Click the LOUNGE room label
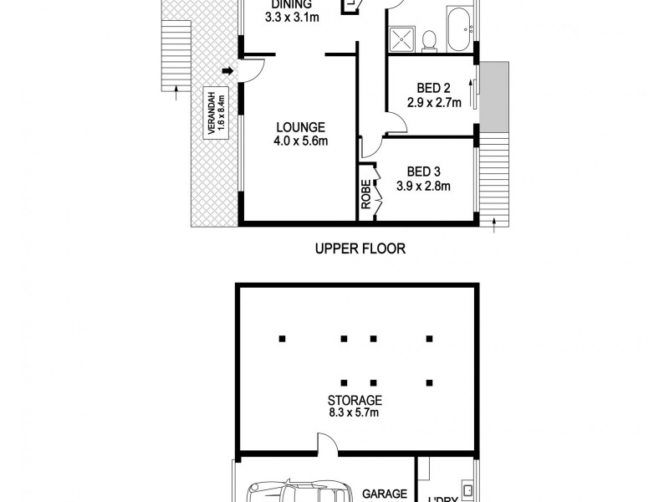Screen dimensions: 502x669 pyautogui.click(x=299, y=127)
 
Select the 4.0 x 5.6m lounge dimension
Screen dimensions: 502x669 pyautogui.click(x=299, y=141)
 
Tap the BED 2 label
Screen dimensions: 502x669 pyautogui.click(x=434, y=89)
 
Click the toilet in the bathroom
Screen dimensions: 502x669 pyautogui.click(x=429, y=39)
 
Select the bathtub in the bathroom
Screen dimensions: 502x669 pyautogui.click(x=459, y=29)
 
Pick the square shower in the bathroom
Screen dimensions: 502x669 pyautogui.click(x=402, y=38)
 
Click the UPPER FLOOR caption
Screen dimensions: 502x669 pyautogui.click(x=360, y=248)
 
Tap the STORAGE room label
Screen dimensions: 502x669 pyautogui.click(x=355, y=401)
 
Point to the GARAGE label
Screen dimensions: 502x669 pyautogui.click(x=384, y=494)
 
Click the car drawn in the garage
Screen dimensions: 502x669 pyautogui.click(x=297, y=491)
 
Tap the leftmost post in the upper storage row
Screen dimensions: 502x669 pyautogui.click(x=283, y=339)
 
